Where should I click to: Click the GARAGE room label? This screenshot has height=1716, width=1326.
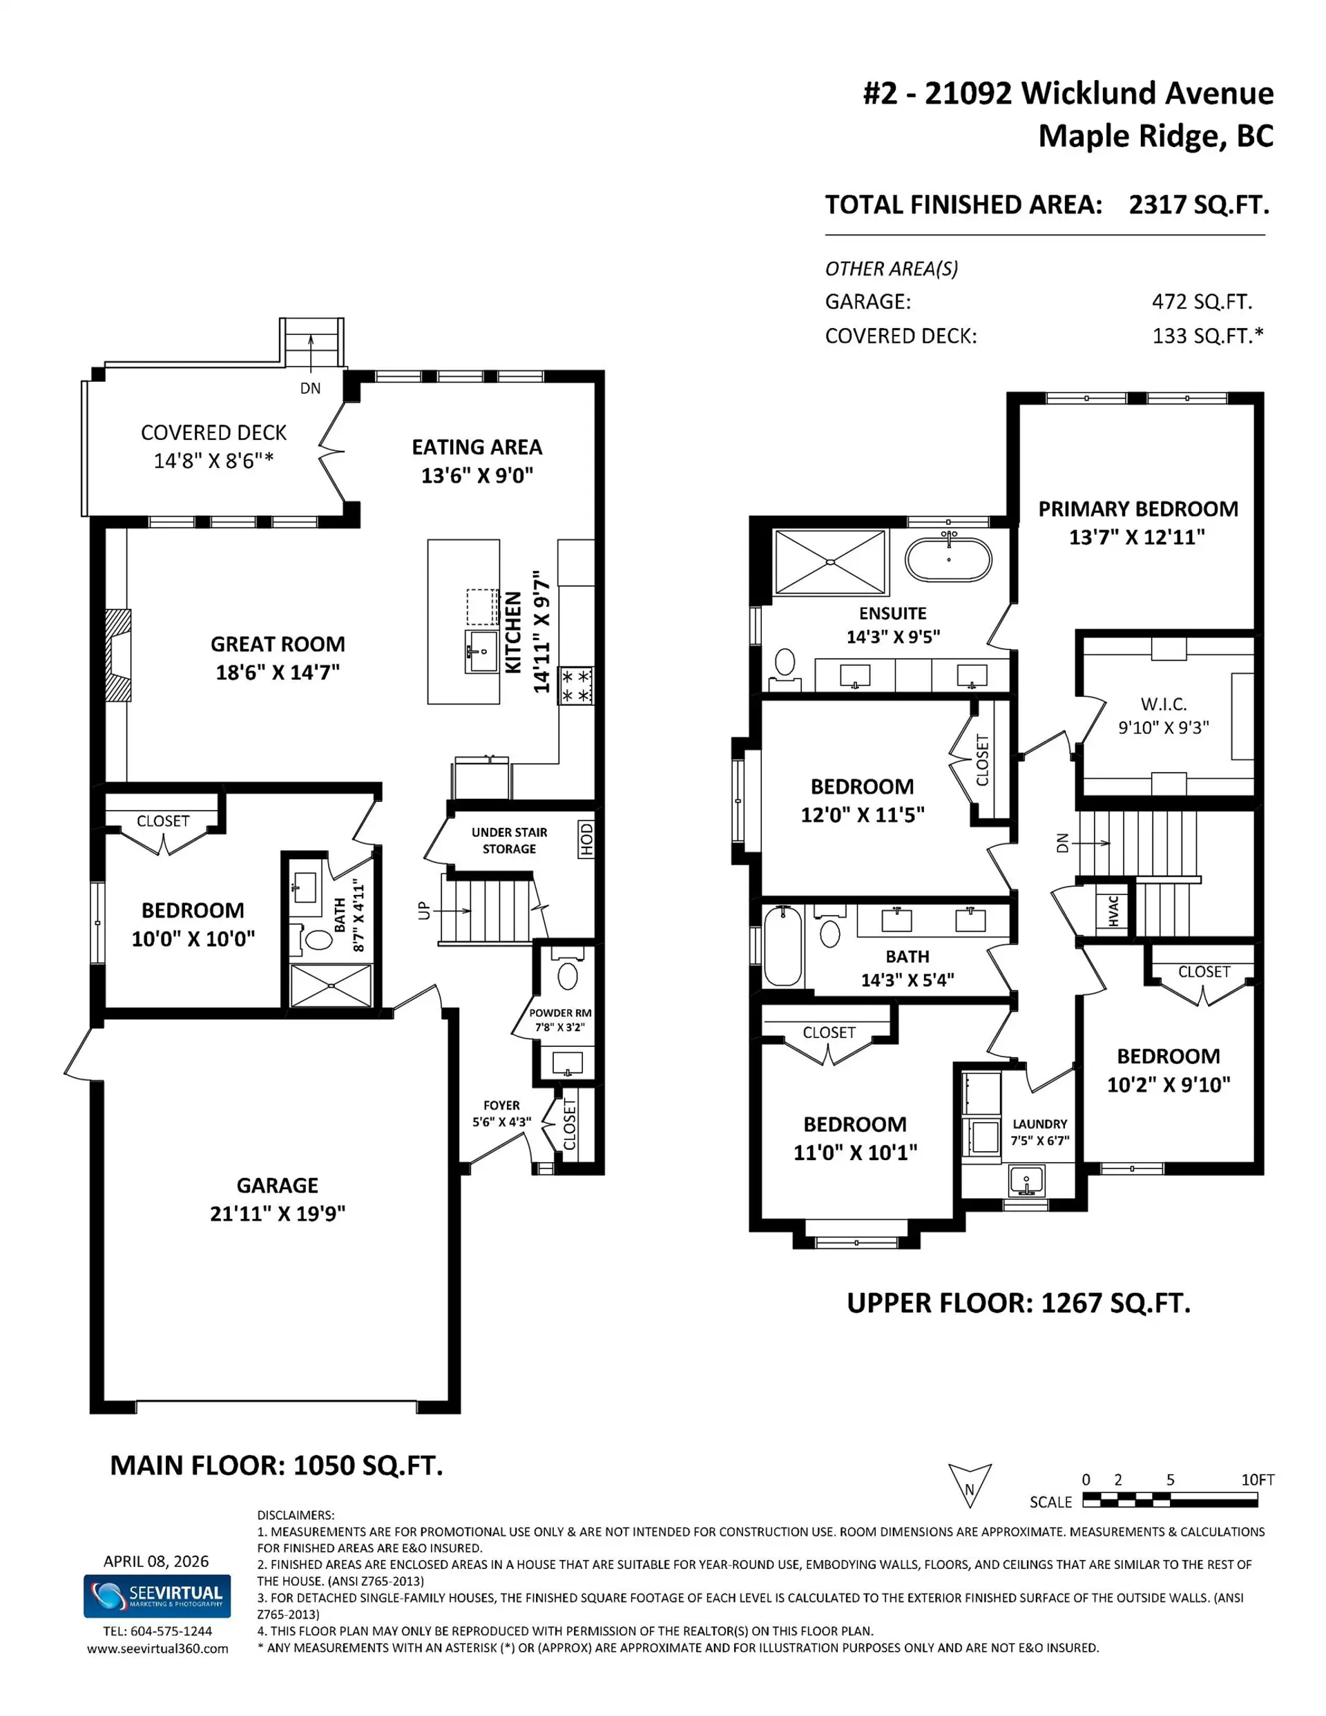277,1185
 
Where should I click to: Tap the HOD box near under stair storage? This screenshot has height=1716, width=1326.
586,839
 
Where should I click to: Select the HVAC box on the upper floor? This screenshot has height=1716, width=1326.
1113,911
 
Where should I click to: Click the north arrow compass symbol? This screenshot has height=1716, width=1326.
969,1485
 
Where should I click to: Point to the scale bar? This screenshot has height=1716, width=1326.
1170,1501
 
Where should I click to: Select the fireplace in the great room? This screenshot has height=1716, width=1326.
119,655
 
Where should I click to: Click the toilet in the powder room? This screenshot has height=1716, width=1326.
568,976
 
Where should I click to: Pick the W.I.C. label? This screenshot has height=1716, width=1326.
1163,704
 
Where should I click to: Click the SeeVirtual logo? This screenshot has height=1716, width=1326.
157,1596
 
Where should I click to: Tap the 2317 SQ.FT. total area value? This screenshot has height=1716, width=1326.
1199,205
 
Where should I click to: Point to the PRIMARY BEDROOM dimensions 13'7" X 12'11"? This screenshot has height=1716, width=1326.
1137,537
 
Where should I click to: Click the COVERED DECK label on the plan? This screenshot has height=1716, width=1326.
213,433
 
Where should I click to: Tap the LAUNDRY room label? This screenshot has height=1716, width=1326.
1039,1124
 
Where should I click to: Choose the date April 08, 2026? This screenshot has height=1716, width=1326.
155,1561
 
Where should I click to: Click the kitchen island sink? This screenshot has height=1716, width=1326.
481,650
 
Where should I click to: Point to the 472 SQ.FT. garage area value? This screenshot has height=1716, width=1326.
1202,302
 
